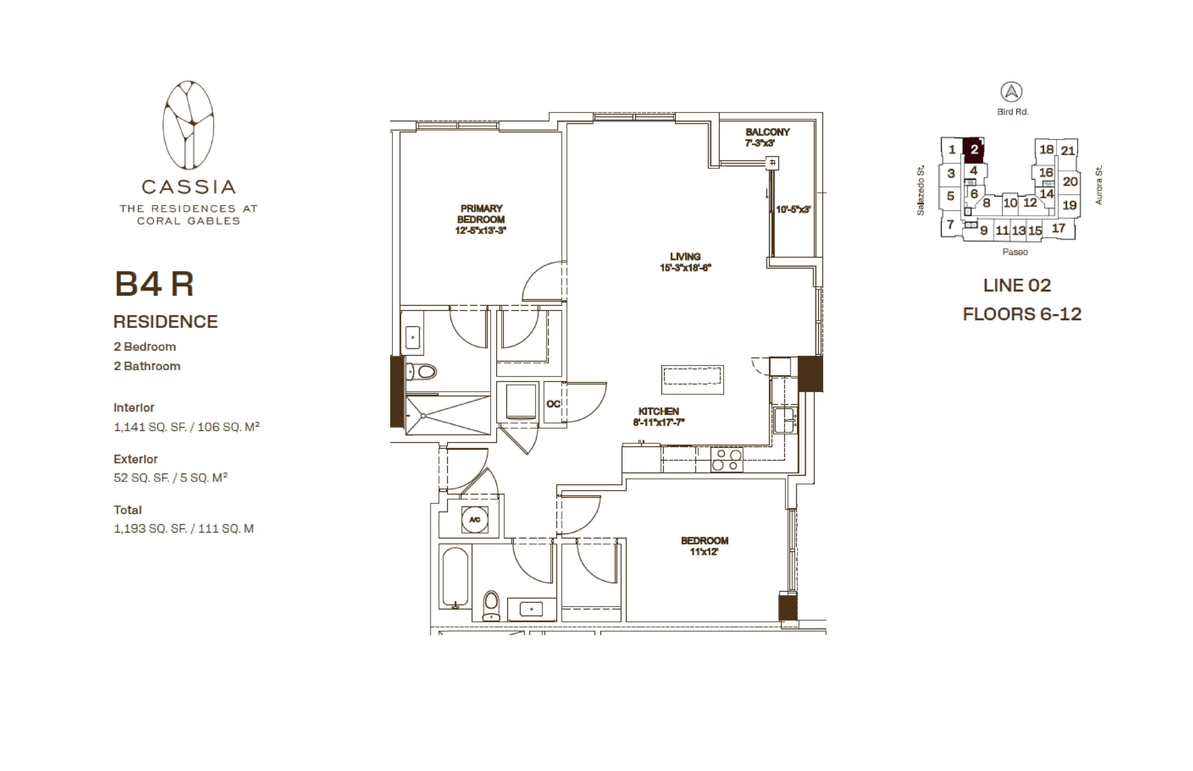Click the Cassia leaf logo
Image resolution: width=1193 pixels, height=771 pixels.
pyautogui.click(x=188, y=125)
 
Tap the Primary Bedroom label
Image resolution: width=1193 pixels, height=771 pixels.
pyautogui.click(x=480, y=219)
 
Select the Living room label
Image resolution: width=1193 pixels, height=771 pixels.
pyautogui.click(x=685, y=262)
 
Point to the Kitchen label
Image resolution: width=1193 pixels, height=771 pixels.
pyautogui.click(x=658, y=417)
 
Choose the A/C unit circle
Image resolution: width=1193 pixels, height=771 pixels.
pyautogui.click(x=474, y=520)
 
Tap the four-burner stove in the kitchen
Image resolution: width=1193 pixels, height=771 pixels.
pyautogui.click(x=727, y=460)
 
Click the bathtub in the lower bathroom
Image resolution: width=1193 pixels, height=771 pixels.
pyautogui.click(x=455, y=577)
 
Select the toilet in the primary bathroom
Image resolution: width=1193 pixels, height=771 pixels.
pyautogui.click(x=421, y=372)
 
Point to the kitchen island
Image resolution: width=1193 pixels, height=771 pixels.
pyautogui.click(x=692, y=379)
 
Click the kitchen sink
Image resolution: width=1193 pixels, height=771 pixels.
pyautogui.click(x=785, y=420)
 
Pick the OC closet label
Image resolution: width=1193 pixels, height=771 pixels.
pyautogui.click(x=553, y=404)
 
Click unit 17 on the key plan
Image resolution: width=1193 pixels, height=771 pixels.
pyautogui.click(x=1058, y=228)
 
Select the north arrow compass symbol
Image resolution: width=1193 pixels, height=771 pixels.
pyautogui.click(x=1011, y=92)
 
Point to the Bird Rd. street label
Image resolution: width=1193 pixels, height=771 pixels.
pyautogui.click(x=1012, y=112)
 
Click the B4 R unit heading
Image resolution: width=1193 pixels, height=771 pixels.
pyautogui.click(x=154, y=284)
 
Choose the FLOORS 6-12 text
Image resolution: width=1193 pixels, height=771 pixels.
pyautogui.click(x=1022, y=314)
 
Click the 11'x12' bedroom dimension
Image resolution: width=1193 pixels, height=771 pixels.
pyautogui.click(x=704, y=552)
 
